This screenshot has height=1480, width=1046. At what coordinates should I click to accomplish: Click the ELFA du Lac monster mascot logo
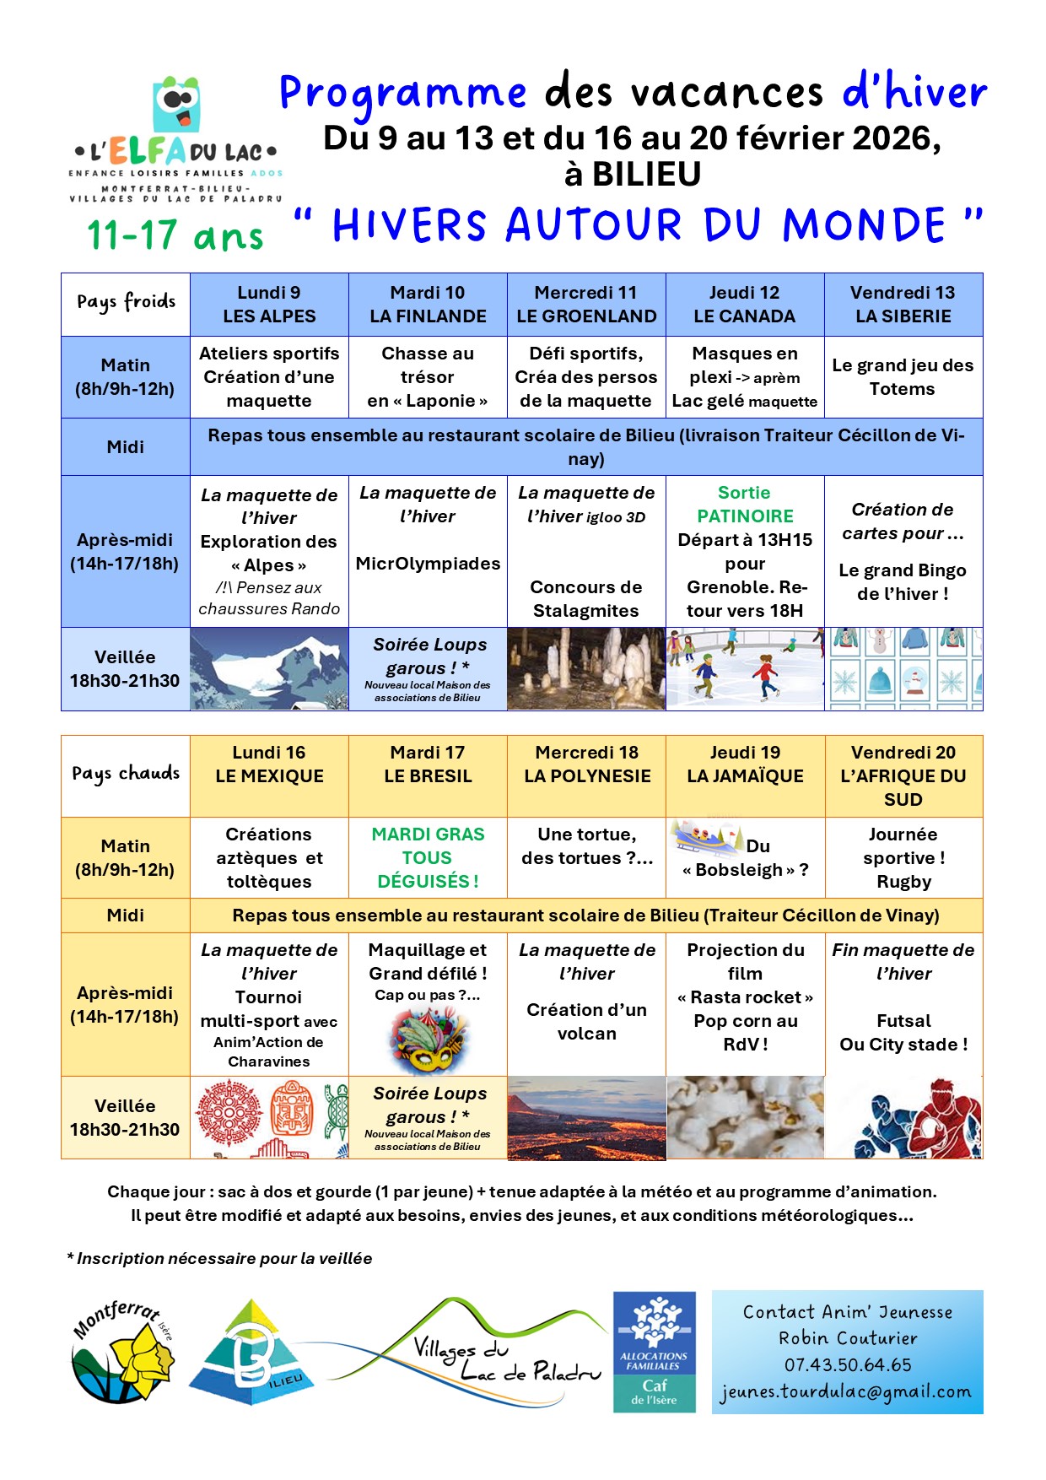[176, 105]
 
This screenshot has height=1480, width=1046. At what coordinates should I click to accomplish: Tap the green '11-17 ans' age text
[175, 235]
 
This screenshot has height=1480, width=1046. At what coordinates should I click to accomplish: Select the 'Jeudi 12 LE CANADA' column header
[744, 305]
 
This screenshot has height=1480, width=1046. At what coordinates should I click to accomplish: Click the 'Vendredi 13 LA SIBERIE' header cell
[903, 305]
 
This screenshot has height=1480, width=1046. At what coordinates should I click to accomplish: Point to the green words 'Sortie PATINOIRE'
[745, 505]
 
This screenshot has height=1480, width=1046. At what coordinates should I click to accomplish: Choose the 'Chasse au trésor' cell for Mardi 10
[428, 377]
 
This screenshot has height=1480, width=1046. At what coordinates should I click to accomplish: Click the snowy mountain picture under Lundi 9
[269, 669]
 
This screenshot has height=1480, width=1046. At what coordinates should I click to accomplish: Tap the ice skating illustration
[745, 669]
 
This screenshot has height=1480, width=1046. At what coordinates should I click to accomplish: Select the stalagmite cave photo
[586, 669]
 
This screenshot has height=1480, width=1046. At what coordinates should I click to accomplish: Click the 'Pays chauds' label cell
[126, 775]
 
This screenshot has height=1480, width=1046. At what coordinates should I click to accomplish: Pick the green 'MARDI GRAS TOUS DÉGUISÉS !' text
[428, 857]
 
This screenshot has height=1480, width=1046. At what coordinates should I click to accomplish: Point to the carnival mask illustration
[428, 1040]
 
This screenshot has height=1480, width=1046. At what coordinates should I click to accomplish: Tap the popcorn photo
[745, 1117]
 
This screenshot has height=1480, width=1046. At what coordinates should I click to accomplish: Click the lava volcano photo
[586, 1117]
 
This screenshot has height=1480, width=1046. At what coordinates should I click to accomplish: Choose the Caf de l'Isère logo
[655, 1352]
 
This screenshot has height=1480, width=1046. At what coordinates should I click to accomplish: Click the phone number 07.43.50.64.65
[848, 1364]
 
